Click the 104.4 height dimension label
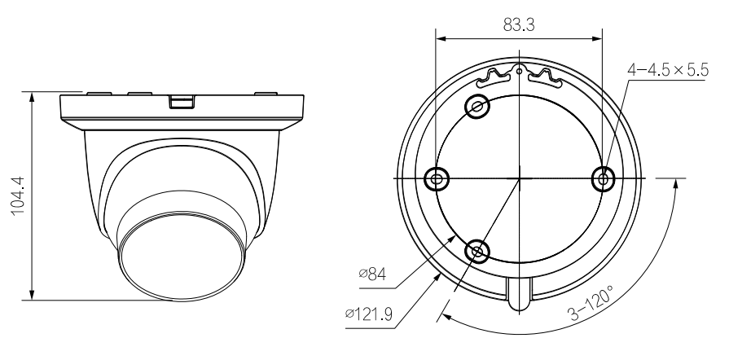pyautogui.click(x=18, y=195)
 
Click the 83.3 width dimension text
pyautogui.click(x=519, y=24)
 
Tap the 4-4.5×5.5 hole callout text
pyautogui.click(x=668, y=70)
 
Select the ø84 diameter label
pyautogui.click(x=372, y=274)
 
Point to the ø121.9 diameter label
pyautogui.click(x=369, y=314)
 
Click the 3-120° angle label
pyautogui.click(x=591, y=303)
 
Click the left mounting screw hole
pyautogui.click(x=437, y=178)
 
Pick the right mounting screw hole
pyautogui.click(x=603, y=178)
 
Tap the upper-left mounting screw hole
pyautogui.click(x=477, y=107)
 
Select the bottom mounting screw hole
pyautogui.click(x=477, y=251)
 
